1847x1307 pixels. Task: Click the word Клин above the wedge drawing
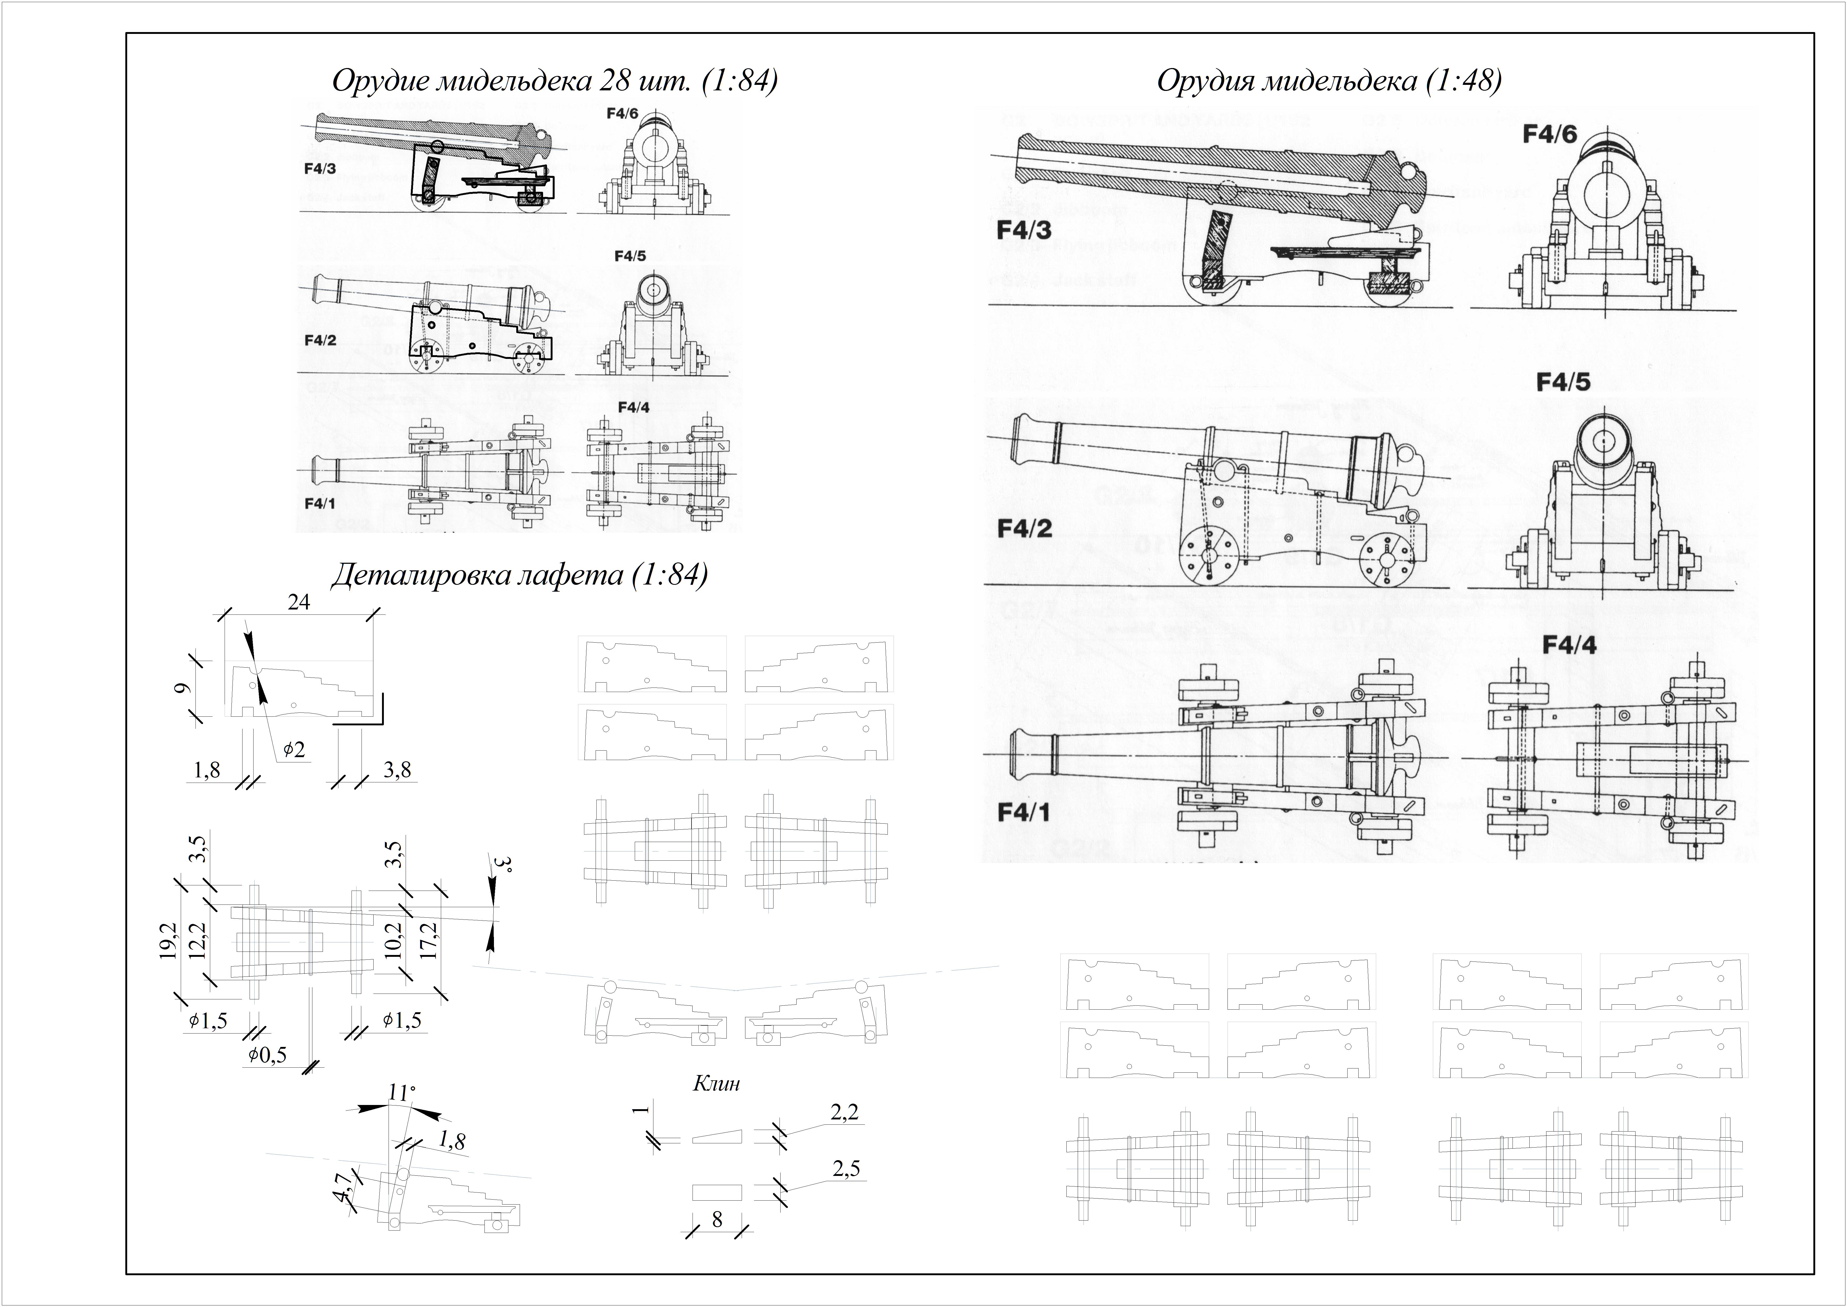point(716,1083)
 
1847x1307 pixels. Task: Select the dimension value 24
point(298,602)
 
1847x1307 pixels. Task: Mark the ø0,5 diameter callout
point(267,1054)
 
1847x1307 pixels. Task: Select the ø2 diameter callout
point(294,749)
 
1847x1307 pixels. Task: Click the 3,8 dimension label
point(397,770)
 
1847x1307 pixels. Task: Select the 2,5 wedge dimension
point(846,1168)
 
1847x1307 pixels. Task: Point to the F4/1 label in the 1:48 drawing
point(1024,812)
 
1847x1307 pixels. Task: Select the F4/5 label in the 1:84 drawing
point(629,256)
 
